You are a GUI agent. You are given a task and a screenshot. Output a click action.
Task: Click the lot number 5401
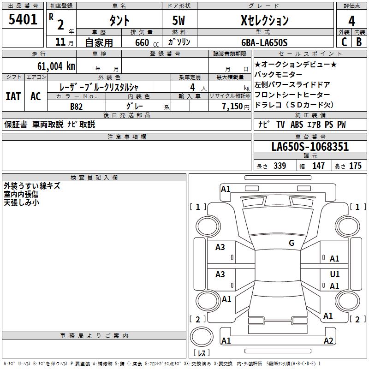tap(23, 19)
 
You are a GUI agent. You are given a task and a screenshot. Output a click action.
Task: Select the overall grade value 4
tap(351, 21)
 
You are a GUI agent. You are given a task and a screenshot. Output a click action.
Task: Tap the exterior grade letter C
tap(344, 42)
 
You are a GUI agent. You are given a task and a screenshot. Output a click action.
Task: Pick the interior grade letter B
tap(359, 42)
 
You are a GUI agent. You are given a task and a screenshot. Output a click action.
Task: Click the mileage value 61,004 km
tap(56, 66)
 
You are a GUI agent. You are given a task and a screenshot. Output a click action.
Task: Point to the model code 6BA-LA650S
tap(264, 42)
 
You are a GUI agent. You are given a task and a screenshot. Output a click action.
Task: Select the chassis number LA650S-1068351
tap(310, 147)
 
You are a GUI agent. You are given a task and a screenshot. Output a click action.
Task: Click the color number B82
tap(77, 107)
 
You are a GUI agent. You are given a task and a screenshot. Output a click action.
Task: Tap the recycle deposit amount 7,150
tap(232, 107)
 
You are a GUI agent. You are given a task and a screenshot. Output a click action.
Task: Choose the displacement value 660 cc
tap(147, 43)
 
